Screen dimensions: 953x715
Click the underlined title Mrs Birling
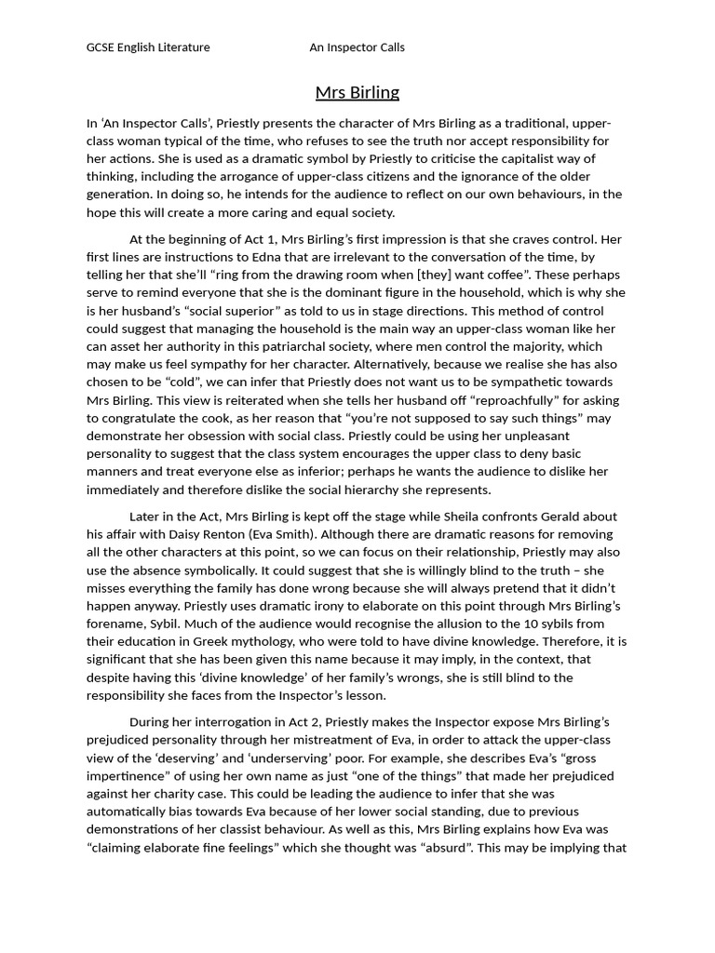(357, 92)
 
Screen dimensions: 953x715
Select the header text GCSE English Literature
(148, 47)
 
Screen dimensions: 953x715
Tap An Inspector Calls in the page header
(357, 47)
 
